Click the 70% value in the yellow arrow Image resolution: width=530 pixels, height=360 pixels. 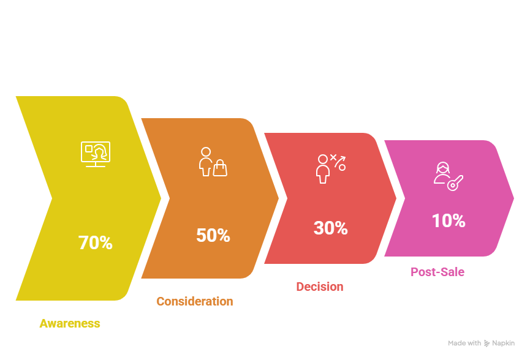(x=96, y=243)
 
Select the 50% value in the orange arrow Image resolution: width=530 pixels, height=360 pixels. (x=213, y=235)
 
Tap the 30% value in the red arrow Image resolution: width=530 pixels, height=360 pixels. (x=330, y=228)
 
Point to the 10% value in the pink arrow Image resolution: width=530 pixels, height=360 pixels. (x=448, y=221)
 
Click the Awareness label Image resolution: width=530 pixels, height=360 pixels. (x=70, y=323)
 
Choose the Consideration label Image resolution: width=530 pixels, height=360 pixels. (x=194, y=301)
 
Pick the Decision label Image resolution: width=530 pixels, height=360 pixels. (x=319, y=287)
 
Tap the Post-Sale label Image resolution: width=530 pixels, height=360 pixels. (x=437, y=272)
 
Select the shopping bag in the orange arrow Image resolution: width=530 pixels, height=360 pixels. (x=219, y=168)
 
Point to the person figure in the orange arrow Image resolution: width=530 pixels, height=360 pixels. (x=205, y=160)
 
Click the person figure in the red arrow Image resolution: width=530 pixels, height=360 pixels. (x=322, y=169)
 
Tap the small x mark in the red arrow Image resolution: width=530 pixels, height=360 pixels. (x=333, y=157)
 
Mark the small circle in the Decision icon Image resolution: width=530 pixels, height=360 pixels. (x=343, y=167)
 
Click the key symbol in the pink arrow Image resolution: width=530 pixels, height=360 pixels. (x=455, y=182)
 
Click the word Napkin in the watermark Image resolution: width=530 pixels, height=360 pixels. (x=503, y=343)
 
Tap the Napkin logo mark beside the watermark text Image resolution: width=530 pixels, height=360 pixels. (x=487, y=343)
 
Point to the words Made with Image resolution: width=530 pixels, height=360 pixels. (x=464, y=343)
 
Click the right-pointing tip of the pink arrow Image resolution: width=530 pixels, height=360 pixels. (x=513, y=198)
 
